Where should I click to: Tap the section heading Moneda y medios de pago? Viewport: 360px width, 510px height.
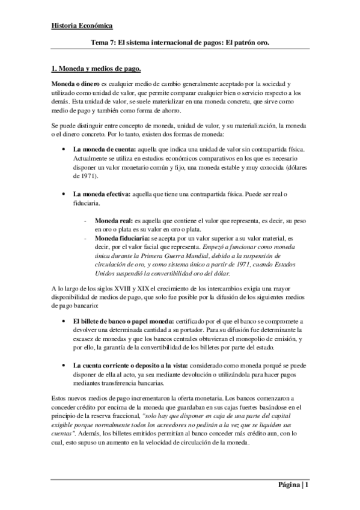(97, 69)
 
